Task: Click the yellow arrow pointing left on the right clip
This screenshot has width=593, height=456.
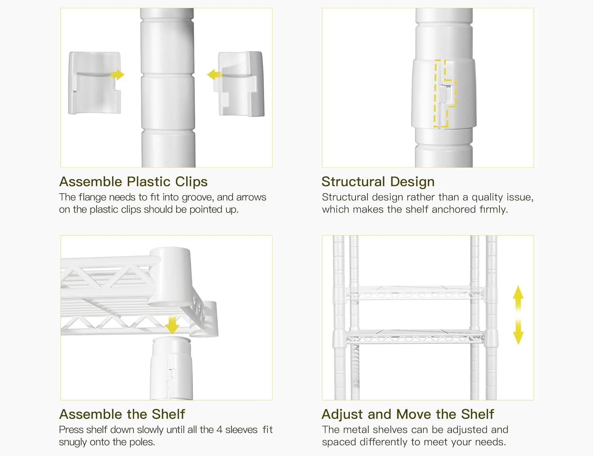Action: [214, 74]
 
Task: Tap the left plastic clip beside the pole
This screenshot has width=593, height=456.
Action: [94, 83]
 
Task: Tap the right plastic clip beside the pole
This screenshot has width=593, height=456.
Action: [241, 84]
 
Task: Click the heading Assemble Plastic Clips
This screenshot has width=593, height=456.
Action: [134, 182]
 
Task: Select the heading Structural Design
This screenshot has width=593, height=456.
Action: [378, 182]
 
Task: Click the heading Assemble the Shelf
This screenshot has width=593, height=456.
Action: [122, 414]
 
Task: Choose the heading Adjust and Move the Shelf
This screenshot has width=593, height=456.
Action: [408, 414]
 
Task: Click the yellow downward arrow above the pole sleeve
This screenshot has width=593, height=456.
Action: [172, 325]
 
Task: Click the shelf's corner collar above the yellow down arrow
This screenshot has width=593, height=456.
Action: [170, 277]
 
